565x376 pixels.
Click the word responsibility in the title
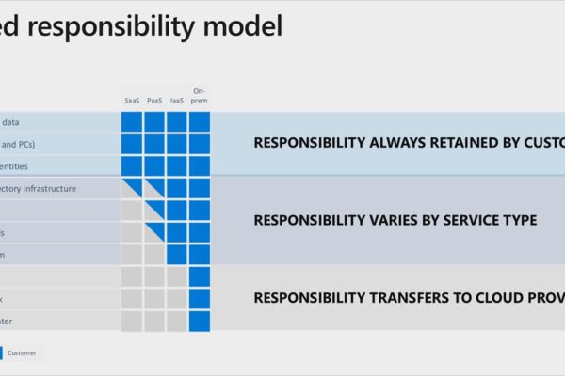[x=137, y=26]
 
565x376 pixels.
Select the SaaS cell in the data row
[x=132, y=122]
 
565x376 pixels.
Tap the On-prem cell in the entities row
[x=199, y=166]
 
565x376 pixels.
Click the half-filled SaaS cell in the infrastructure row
[x=132, y=188]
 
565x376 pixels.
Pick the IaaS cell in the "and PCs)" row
[x=177, y=144]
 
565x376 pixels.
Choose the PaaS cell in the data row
[x=154, y=122]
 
